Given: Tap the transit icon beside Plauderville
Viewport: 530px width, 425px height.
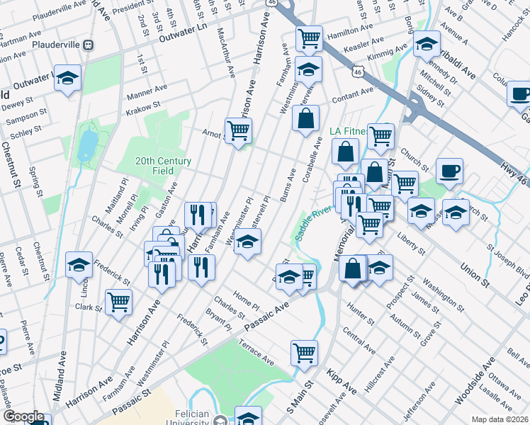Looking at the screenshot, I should click(x=89, y=44).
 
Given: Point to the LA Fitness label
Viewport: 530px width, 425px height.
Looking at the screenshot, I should click(x=349, y=131).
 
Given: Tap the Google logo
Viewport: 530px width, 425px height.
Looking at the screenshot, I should click(x=23, y=417).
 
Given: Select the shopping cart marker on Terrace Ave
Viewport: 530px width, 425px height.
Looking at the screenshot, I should click(x=305, y=352).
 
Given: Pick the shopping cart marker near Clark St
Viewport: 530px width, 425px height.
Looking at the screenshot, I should click(x=118, y=301).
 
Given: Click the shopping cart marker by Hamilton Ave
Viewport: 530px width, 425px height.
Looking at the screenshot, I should click(x=308, y=38).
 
